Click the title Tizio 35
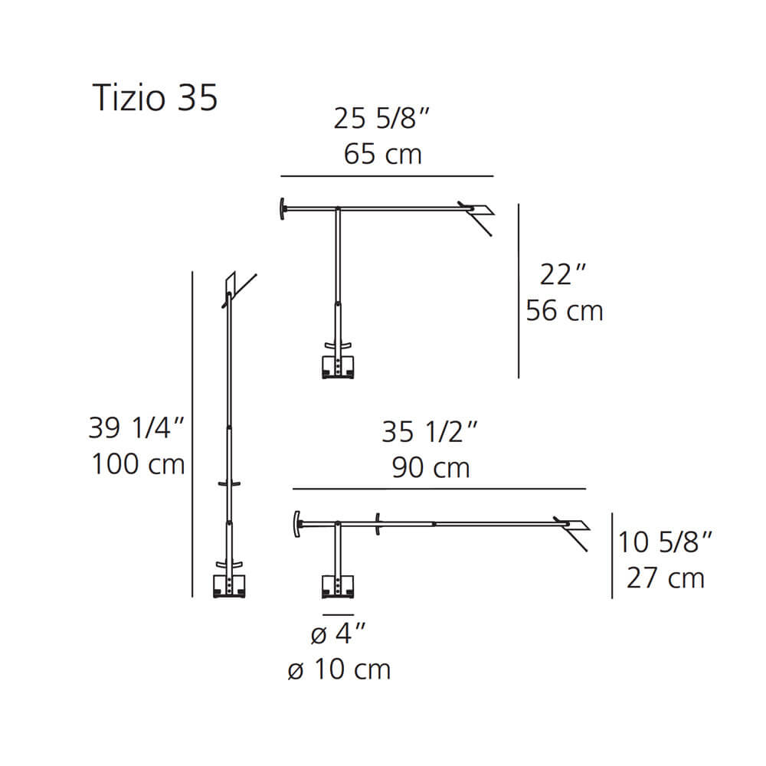(155, 98)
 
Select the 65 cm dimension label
(382, 154)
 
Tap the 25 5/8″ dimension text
(381, 118)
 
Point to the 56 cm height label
(565, 311)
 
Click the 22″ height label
(563, 274)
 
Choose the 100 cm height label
(138, 464)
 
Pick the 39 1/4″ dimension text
(136, 428)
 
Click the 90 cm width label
(430, 467)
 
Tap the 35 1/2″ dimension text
(430, 432)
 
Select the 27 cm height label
(666, 578)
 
